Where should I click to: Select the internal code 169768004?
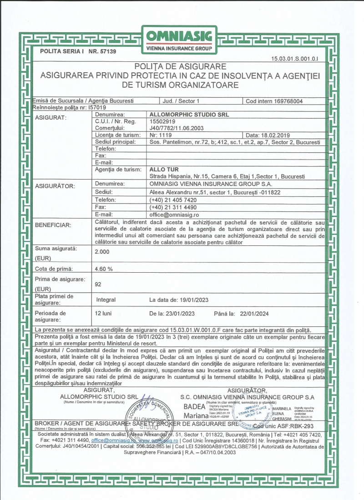coord(287,101)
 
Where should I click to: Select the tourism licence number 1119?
coord(164,135)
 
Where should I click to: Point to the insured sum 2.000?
coord(102,251)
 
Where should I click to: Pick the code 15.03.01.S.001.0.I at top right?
coord(295,59)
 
